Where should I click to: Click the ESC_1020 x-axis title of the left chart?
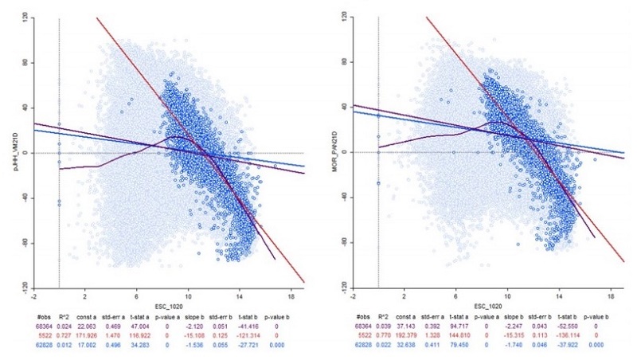[163, 305]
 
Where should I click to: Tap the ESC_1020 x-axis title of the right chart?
[483, 305]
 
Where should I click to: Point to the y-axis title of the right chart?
[325, 151]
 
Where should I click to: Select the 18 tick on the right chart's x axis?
[611, 294]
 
